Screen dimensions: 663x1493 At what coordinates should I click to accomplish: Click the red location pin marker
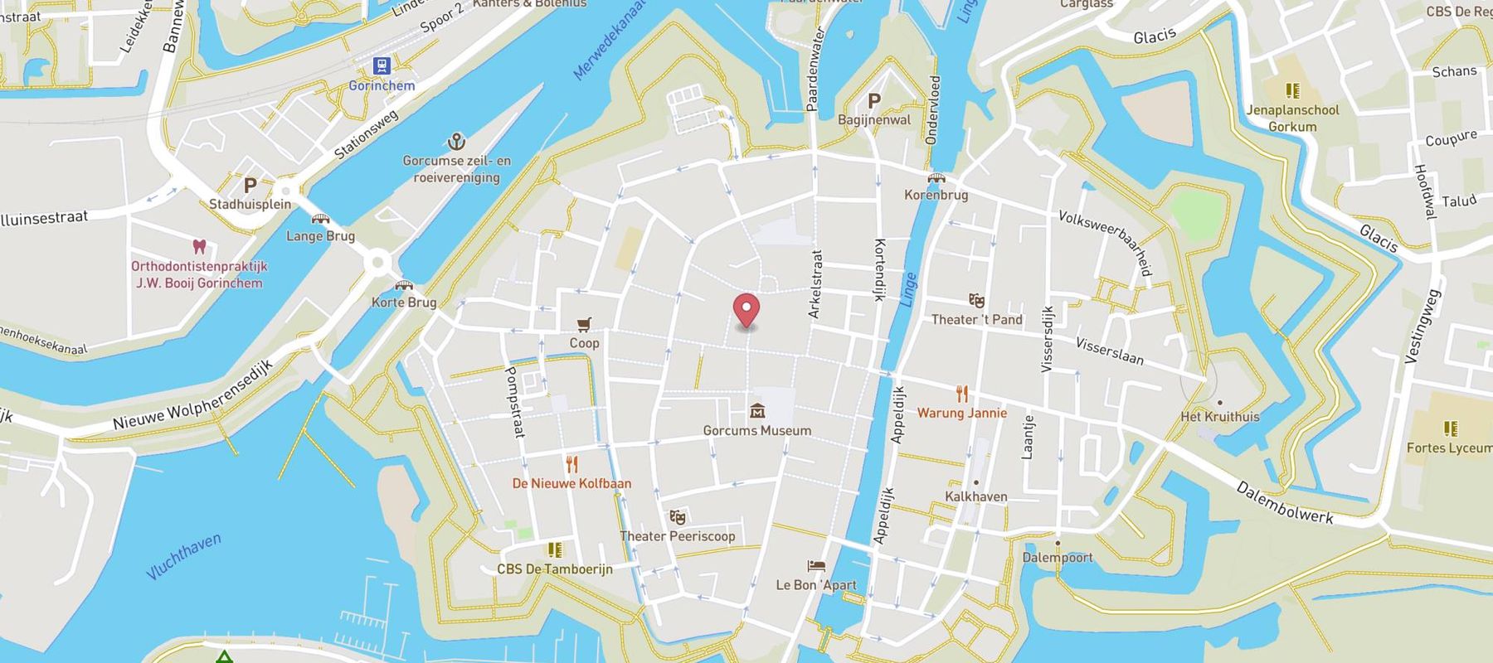tap(746, 311)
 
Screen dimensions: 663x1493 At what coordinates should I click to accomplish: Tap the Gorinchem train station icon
tap(382, 65)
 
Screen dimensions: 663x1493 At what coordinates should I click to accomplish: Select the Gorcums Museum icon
tap(756, 411)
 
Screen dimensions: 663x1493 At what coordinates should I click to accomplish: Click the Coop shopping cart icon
tap(584, 324)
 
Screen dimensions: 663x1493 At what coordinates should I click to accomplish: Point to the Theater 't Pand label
tap(976, 320)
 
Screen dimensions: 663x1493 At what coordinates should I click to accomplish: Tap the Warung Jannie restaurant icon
tap(962, 394)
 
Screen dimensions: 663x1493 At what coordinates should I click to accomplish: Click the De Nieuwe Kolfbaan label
tap(571, 483)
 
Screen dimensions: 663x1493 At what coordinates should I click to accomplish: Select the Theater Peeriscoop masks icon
tap(678, 518)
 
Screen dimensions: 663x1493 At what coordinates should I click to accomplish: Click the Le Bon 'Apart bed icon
tap(816, 567)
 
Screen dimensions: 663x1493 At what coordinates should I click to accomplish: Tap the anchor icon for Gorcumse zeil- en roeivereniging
tap(456, 141)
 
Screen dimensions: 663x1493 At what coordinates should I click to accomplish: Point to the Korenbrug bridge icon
tap(936, 178)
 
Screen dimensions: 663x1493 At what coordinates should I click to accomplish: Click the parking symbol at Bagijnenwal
tap(873, 101)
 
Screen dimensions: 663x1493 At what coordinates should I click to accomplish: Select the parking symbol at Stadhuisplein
tap(250, 185)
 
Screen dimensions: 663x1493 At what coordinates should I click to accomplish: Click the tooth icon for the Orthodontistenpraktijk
tap(199, 247)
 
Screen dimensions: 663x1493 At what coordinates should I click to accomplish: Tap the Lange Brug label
tap(320, 236)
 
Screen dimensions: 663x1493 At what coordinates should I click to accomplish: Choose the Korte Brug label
tap(404, 302)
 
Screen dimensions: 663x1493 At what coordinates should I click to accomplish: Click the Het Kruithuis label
tap(1219, 417)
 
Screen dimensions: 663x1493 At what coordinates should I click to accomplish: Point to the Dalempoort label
tap(1058, 558)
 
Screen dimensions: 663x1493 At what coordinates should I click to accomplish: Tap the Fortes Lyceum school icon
tap(1451, 428)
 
